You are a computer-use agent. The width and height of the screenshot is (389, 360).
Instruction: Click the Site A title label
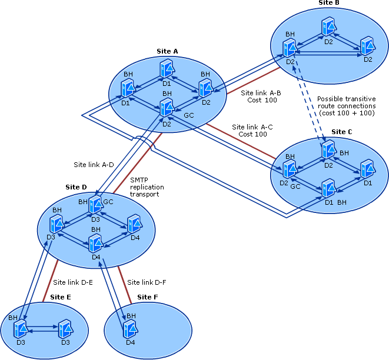tap(167, 51)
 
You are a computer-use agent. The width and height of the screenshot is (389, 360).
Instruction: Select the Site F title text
tap(148, 297)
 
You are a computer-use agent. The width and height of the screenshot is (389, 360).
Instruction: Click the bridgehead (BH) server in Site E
tap(21, 328)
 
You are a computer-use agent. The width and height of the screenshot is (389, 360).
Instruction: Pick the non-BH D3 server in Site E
tap(65, 328)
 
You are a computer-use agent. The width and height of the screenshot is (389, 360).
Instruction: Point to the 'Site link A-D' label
tap(93, 165)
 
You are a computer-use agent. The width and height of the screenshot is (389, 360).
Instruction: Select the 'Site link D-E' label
tap(73, 282)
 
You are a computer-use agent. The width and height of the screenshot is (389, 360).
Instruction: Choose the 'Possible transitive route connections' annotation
tap(346, 106)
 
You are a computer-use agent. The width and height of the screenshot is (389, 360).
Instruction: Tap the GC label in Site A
tap(189, 115)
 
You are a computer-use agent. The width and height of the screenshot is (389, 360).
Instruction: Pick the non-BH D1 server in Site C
tap(367, 170)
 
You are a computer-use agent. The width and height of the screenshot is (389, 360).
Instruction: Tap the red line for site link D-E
tap(49, 282)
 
